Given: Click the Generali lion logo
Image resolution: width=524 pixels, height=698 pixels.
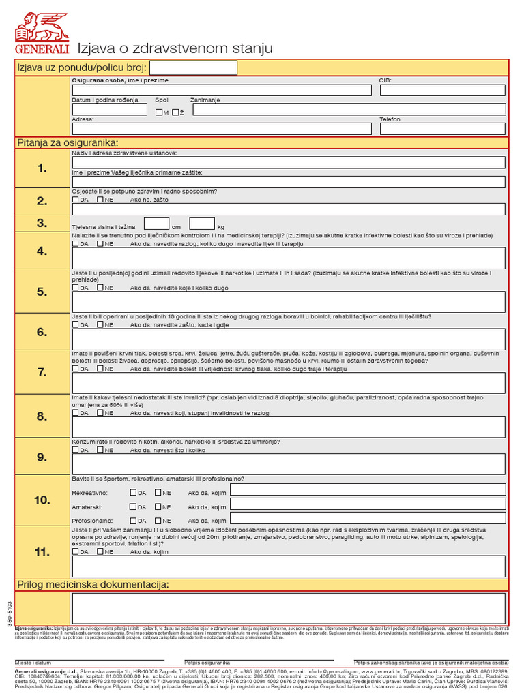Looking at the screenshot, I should coord(42,29).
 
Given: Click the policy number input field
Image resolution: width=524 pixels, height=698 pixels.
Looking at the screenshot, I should coord(193,67).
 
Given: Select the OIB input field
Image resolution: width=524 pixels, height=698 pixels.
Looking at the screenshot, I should coord(442,90).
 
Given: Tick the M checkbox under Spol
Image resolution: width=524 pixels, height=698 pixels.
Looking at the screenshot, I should coord(159,112).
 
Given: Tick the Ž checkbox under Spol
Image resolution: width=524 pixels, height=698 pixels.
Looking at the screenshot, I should coord(175,112).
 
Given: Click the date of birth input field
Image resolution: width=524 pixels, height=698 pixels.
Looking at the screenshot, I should coord(109,110).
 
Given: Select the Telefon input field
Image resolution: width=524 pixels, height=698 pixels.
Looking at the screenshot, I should coord(442,128).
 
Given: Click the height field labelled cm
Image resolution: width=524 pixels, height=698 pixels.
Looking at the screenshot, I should coord(156,224).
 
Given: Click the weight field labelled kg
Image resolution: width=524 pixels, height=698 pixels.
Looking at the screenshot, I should coord(202,224).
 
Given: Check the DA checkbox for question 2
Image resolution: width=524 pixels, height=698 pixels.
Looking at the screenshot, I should coord(76,200).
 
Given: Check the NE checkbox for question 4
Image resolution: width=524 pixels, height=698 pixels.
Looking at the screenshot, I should coord(100,243).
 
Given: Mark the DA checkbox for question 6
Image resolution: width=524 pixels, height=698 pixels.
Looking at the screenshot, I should coord(76,325).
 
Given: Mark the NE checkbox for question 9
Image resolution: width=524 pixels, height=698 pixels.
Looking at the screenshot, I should coord(100,450).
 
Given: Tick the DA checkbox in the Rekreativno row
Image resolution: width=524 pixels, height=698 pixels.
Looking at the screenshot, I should coord(133,491).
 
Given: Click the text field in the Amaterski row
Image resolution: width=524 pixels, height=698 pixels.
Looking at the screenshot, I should coord(368,505).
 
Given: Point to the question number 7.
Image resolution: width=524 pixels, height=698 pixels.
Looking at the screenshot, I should coord(42,372).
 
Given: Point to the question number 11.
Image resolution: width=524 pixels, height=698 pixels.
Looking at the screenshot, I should coord(42,551).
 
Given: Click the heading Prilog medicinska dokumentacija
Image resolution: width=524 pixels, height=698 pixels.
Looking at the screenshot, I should coord(93,585).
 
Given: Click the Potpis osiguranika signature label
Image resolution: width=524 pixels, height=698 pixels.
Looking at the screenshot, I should coord(207,663).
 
